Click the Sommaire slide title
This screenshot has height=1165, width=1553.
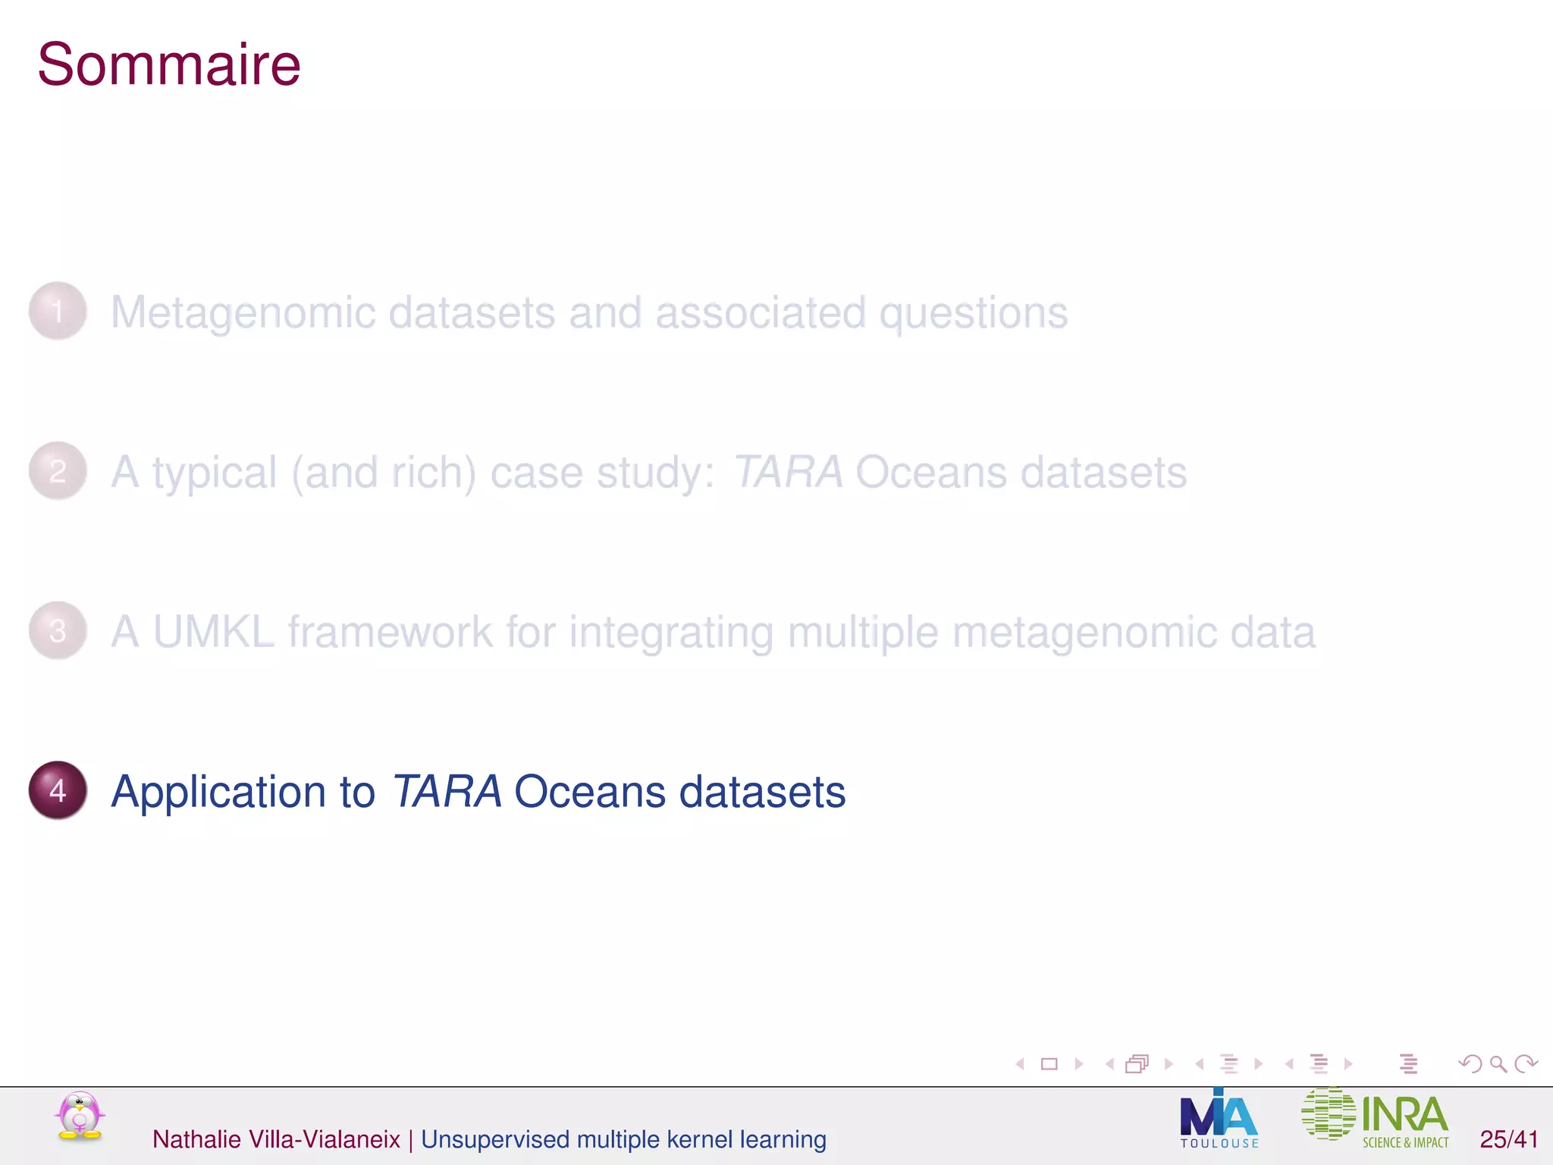[168, 65]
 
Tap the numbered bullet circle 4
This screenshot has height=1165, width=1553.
[58, 790]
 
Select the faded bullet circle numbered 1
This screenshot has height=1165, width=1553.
[58, 311]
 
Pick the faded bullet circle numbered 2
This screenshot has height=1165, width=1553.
[58, 471]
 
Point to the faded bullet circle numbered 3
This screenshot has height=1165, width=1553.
[58, 631]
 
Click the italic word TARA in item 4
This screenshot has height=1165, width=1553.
[447, 791]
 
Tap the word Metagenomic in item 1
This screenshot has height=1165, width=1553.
[243, 313]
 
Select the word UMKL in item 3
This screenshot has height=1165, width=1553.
[213, 632]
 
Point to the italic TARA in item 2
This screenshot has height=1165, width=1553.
[788, 472]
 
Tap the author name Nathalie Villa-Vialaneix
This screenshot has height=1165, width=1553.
[276, 1139]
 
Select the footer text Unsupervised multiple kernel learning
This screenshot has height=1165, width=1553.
[623, 1139]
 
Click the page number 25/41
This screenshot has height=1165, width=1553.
[1508, 1139]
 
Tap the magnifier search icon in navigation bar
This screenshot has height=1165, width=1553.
[1498, 1064]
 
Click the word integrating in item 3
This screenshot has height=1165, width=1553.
[671, 633]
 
